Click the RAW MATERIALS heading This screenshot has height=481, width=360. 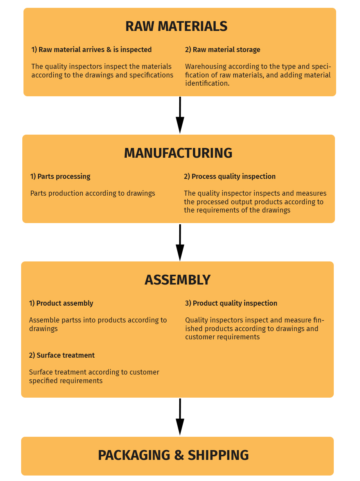(176, 26)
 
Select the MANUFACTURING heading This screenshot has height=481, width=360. (178, 153)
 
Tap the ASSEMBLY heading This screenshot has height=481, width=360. (177, 280)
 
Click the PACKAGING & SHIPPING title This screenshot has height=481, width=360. (173, 455)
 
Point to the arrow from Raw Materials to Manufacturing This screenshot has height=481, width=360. (180, 115)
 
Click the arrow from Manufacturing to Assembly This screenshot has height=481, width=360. (180, 243)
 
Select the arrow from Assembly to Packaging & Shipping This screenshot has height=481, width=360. (180, 417)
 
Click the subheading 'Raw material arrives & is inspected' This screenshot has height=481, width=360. (91, 50)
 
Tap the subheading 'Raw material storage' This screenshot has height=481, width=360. (223, 50)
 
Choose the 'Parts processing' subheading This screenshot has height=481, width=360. (60, 177)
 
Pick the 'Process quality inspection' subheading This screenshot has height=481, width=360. (230, 177)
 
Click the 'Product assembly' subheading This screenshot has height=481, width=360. (61, 303)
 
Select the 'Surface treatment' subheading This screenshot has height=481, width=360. (62, 355)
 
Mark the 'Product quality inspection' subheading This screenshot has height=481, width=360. (231, 303)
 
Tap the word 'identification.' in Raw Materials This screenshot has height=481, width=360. (207, 83)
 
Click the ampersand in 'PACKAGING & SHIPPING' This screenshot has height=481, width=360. (179, 455)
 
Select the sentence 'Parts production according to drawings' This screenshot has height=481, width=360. (93, 193)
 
